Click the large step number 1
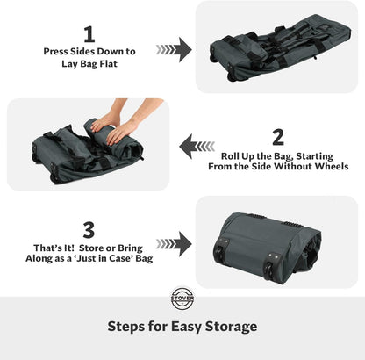pos(88,33)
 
